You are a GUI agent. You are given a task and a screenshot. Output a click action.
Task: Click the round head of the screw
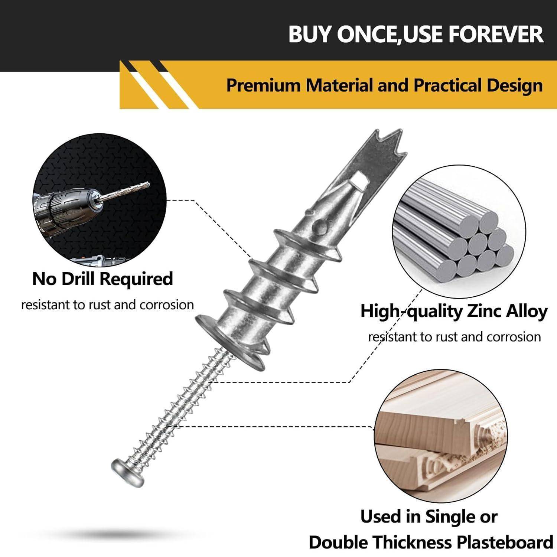point(127,472)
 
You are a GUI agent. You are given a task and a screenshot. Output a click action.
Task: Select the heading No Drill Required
point(102,279)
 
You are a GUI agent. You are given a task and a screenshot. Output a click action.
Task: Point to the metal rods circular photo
point(459,232)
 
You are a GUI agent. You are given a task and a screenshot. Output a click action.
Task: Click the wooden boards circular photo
point(440,436)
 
